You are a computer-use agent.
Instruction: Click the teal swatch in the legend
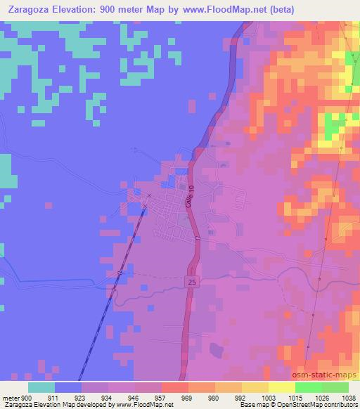click(x=41, y=387)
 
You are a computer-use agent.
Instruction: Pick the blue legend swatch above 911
click(x=68, y=387)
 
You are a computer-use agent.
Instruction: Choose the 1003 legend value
click(x=269, y=398)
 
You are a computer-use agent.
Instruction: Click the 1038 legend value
click(x=348, y=398)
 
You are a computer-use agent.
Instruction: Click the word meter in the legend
click(x=10, y=398)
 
